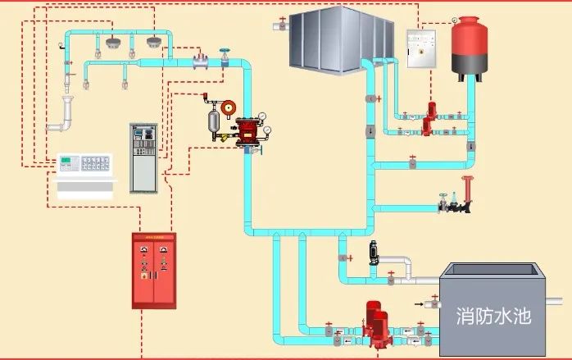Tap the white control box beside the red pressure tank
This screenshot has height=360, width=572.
click(x=422, y=48)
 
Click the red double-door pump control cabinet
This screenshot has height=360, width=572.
click(x=154, y=271)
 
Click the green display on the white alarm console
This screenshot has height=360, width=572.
click(x=66, y=160)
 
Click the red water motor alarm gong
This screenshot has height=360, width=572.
click(x=229, y=106)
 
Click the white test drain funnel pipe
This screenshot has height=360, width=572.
click(x=65, y=115)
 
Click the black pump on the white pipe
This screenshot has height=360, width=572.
click(x=373, y=253)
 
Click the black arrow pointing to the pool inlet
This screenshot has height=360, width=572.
click(x=421, y=304)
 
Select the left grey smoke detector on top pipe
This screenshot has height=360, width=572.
click(x=111, y=43)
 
